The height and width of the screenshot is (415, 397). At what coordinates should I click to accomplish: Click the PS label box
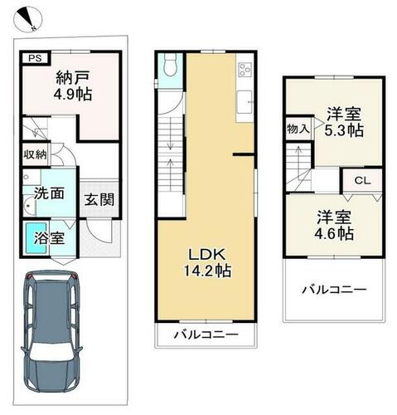[36, 58]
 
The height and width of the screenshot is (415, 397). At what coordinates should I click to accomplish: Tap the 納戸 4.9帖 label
[73, 86]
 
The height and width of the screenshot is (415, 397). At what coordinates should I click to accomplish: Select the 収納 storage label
[35, 154]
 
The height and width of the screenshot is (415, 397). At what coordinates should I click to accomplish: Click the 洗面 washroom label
[49, 193]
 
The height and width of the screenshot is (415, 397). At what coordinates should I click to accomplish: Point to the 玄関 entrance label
[99, 199]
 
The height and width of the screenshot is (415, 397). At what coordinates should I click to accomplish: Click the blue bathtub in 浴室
[36, 238]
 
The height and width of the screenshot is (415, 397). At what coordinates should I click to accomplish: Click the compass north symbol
[27, 19]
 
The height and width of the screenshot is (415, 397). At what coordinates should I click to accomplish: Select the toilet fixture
[170, 64]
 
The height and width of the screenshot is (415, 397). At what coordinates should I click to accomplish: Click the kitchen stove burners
[244, 70]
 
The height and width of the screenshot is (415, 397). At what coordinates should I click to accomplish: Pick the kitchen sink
[244, 101]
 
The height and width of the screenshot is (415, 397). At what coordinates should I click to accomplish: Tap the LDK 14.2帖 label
[207, 263]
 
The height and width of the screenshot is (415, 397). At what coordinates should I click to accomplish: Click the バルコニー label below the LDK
[206, 335]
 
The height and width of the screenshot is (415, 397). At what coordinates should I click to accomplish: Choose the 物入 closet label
[298, 129]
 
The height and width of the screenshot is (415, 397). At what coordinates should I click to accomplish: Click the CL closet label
[362, 181]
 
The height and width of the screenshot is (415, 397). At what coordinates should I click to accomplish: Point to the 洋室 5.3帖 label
[344, 122]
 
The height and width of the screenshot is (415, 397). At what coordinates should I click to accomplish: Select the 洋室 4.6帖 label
[334, 225]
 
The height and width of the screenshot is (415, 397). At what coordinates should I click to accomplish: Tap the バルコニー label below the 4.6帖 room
[334, 290]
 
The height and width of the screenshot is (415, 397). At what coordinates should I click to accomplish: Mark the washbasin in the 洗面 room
[29, 205]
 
